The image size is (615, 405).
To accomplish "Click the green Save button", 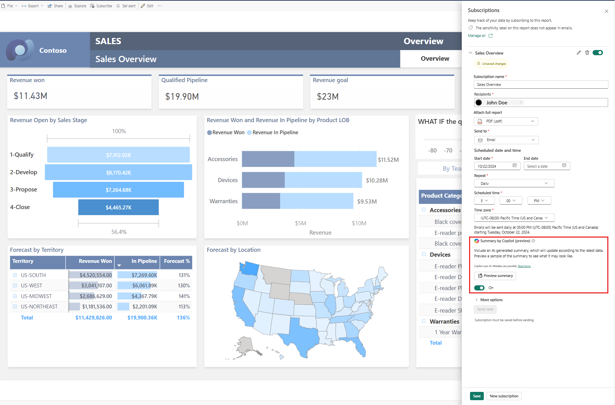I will (x=477, y=396).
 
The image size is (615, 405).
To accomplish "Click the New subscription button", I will (x=504, y=396).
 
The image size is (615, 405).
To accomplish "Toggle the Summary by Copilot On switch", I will (x=479, y=288).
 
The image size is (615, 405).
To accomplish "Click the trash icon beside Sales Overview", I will (x=587, y=53).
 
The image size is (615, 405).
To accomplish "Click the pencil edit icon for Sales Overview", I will (x=578, y=53).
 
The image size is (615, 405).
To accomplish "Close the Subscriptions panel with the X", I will (x=606, y=11).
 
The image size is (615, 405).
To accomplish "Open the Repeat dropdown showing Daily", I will (x=514, y=184).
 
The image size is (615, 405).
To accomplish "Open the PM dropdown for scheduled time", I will (x=539, y=201).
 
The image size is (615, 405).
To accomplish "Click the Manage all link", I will (x=477, y=36).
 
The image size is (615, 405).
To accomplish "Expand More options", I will (x=491, y=300).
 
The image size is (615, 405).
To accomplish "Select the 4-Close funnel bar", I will (x=118, y=207).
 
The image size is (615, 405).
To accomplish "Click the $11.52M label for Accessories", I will (x=388, y=160).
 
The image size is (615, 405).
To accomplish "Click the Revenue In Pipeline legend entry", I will (x=275, y=132).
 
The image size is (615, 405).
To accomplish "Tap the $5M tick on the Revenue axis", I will (x=301, y=223).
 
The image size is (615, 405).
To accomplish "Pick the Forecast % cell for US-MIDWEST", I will (x=184, y=296).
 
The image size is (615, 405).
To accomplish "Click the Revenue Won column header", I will (x=95, y=261).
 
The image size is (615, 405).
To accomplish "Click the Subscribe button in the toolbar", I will (x=101, y=6).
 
